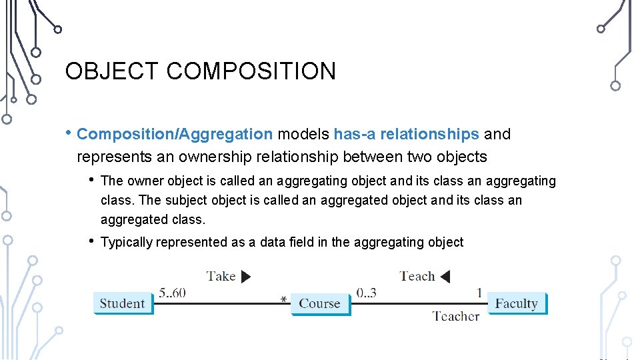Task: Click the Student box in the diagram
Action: [x=122, y=303]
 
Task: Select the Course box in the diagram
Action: [x=319, y=303]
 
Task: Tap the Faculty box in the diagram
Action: [x=516, y=303]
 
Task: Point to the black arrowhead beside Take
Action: [x=245, y=277]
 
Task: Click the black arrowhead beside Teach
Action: [x=445, y=276]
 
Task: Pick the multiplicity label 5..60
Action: [x=172, y=293]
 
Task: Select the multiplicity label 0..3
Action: [x=366, y=293]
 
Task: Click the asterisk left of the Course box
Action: [x=284, y=301]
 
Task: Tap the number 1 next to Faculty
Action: [x=479, y=293]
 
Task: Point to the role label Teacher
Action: [x=455, y=316]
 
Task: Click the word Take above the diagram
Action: [x=221, y=276]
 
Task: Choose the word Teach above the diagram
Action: [x=417, y=276]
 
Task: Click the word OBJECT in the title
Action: [x=112, y=71]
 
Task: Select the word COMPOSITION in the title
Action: [x=251, y=71]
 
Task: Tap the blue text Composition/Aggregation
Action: [x=175, y=134]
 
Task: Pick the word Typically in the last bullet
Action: [x=127, y=242]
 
